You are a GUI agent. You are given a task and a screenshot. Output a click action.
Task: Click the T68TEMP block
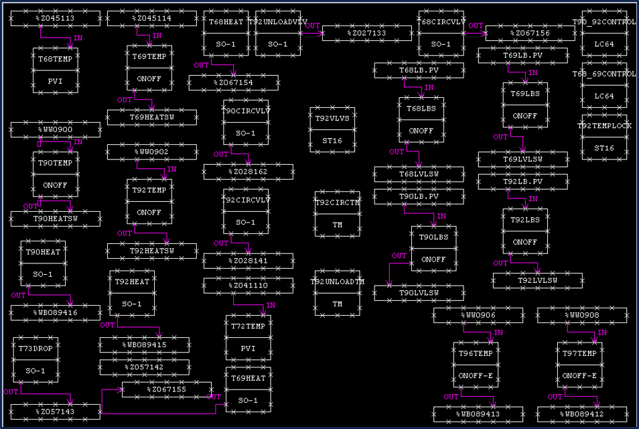click(x=56, y=70)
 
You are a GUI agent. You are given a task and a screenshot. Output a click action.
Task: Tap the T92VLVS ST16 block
click(x=332, y=129)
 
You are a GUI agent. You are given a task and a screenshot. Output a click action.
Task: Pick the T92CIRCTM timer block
click(x=337, y=213)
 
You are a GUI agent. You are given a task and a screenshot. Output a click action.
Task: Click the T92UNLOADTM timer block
click(x=337, y=293)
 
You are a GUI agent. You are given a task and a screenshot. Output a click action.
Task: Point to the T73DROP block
click(x=35, y=359)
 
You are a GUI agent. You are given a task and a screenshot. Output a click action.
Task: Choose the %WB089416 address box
click(x=55, y=313)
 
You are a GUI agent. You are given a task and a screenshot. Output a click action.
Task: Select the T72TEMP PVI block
click(x=248, y=337)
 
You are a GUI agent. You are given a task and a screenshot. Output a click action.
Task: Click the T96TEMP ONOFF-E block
click(x=476, y=365)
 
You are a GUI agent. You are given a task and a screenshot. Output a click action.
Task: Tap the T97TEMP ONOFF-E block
click(x=579, y=365)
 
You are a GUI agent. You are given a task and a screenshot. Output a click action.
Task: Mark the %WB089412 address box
click(x=581, y=414)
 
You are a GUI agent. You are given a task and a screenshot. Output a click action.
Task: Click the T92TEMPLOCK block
click(x=604, y=137)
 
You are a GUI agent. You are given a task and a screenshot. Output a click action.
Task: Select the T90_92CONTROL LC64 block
click(x=604, y=33)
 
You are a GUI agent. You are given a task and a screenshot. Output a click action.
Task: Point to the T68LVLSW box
click(x=419, y=174)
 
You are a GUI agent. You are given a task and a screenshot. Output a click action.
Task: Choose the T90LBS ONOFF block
click(x=433, y=248)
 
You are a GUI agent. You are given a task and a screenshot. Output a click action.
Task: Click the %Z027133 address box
click(x=366, y=33)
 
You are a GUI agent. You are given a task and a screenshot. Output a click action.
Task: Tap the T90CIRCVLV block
click(x=246, y=122)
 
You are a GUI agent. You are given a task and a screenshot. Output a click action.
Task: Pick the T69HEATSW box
click(x=152, y=117)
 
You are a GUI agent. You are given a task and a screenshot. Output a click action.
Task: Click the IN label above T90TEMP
click(x=78, y=142)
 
